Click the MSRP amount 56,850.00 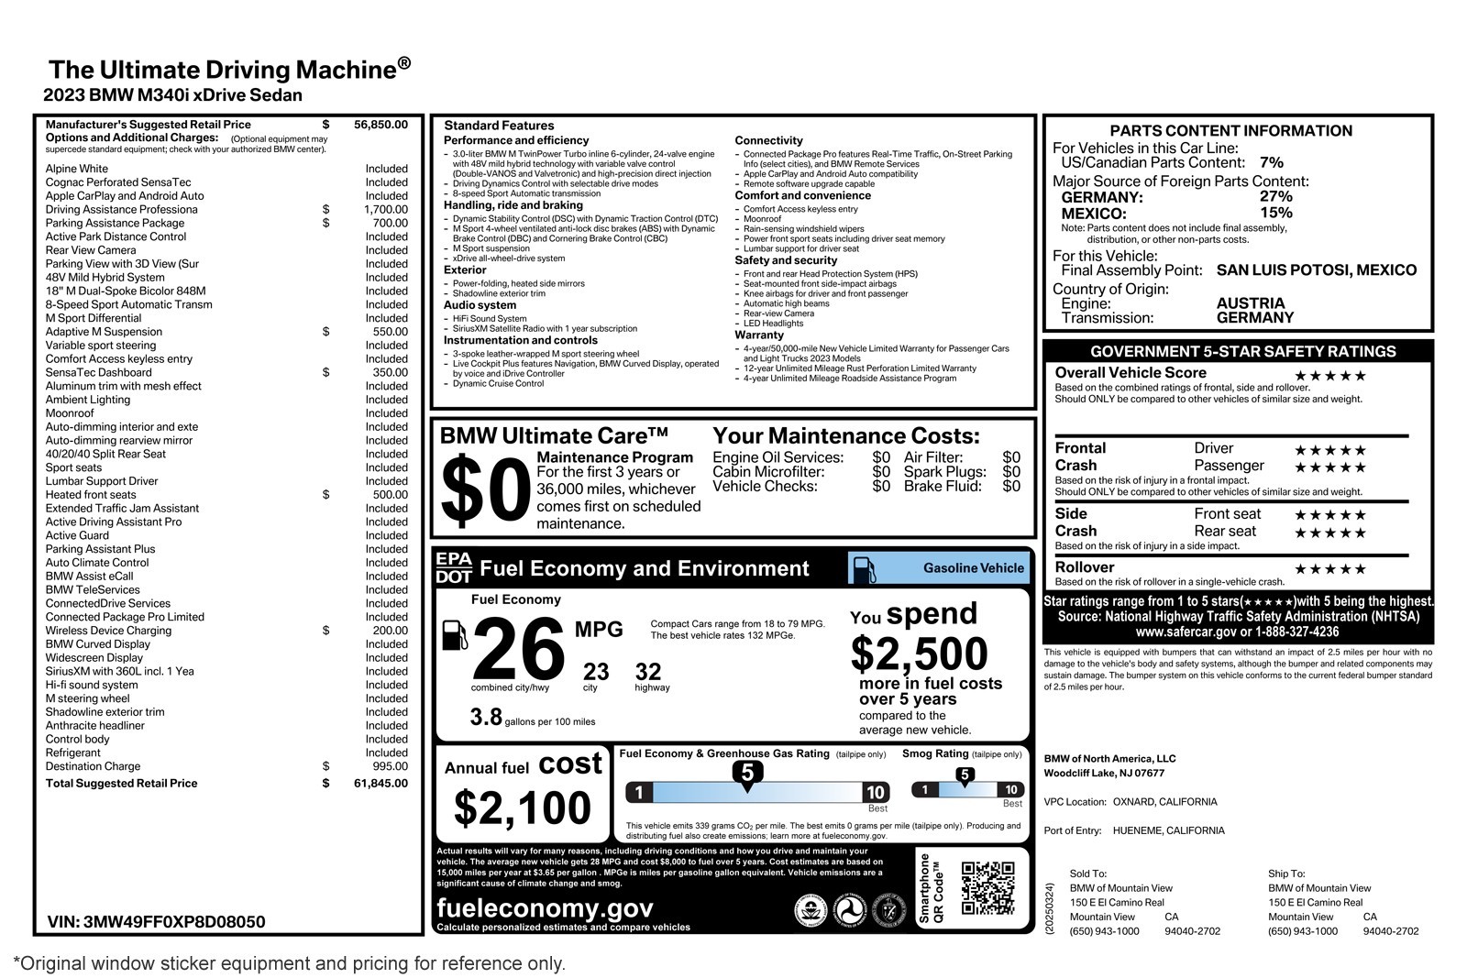point(381,125)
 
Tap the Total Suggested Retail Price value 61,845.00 point(381,784)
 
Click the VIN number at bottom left point(156,922)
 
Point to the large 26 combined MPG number point(518,649)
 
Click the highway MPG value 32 point(648,672)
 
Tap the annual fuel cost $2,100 point(523,808)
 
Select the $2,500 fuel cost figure point(919,654)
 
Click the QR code point(987,887)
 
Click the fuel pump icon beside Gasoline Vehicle point(864,568)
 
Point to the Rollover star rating point(1329,569)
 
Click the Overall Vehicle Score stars point(1329,376)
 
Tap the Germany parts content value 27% point(1275,196)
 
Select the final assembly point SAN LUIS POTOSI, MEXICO point(1316,270)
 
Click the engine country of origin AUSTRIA point(1250,303)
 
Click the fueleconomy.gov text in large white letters point(545,907)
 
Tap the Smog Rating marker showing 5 point(964,775)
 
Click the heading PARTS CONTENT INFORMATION point(1230,131)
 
